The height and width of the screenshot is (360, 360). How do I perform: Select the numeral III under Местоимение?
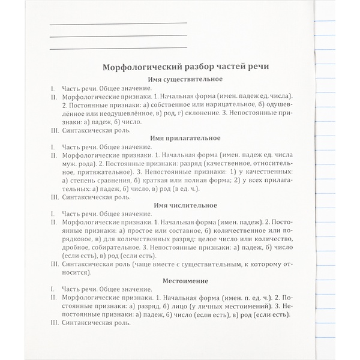(x=55, y=322)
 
